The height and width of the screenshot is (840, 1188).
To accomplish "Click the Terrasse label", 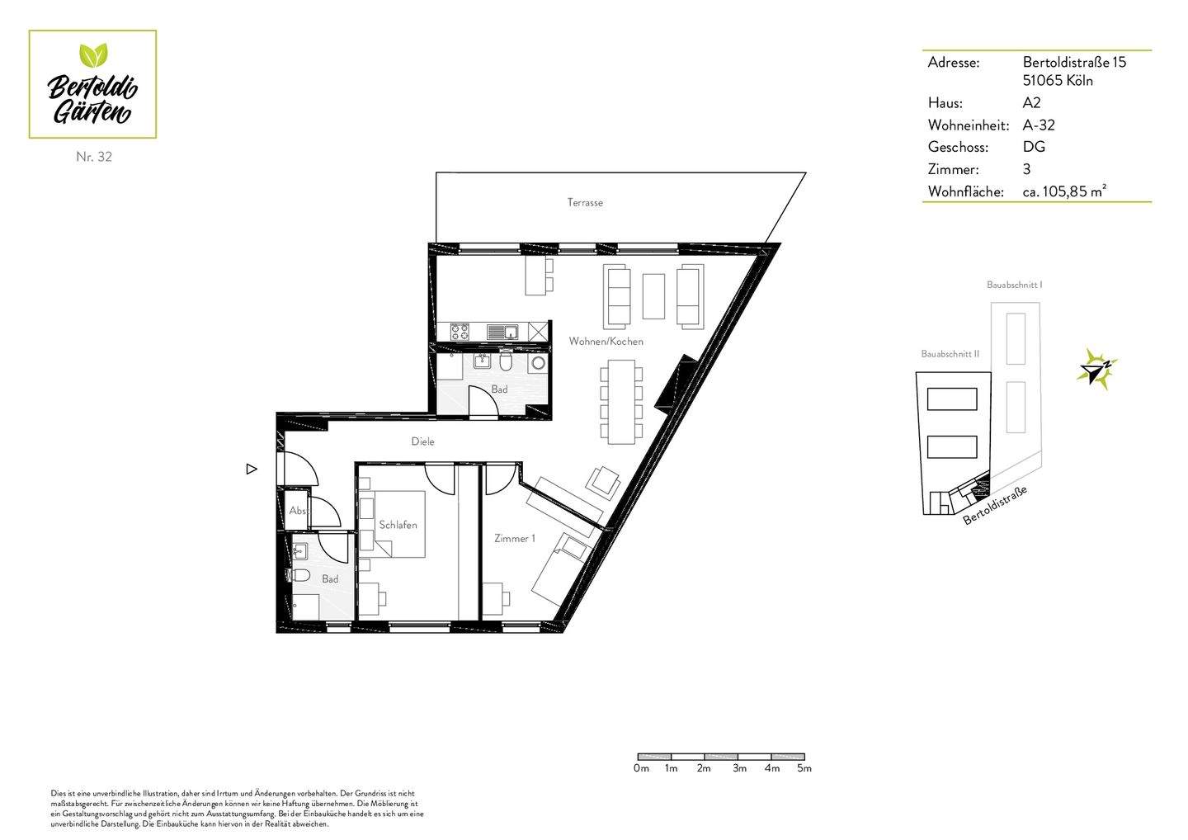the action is (x=585, y=203).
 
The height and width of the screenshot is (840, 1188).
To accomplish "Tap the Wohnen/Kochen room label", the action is (x=606, y=342).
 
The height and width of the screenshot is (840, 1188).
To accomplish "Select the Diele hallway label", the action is (x=422, y=441).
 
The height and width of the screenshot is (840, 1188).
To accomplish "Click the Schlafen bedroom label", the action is (x=398, y=525).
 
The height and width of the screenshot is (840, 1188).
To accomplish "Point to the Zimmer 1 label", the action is (x=515, y=538).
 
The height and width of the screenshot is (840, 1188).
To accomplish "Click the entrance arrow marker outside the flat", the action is (x=252, y=469).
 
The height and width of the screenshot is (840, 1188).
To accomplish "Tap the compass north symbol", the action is (x=1096, y=369).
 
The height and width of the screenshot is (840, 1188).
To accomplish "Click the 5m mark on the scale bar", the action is (x=804, y=768).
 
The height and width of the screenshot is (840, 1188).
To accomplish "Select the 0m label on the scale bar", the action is (x=641, y=768).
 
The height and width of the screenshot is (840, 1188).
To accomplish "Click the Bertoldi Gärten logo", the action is (x=92, y=84).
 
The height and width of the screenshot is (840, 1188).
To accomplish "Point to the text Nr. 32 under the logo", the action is (x=94, y=157).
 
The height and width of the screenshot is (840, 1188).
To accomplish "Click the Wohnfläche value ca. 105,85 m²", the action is (x=1064, y=191).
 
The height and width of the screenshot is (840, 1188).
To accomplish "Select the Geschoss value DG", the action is (x=1034, y=147).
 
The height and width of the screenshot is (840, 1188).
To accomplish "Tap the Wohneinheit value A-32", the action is (x=1039, y=125).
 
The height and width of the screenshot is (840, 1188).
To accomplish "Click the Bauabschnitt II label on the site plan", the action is (x=950, y=354).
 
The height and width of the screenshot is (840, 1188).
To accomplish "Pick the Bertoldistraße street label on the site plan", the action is (x=996, y=505).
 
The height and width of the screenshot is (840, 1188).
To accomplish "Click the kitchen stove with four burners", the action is (x=460, y=332).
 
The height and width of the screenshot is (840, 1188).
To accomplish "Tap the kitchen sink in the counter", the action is (x=503, y=333).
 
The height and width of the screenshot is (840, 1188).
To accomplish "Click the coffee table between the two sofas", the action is (x=653, y=296).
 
